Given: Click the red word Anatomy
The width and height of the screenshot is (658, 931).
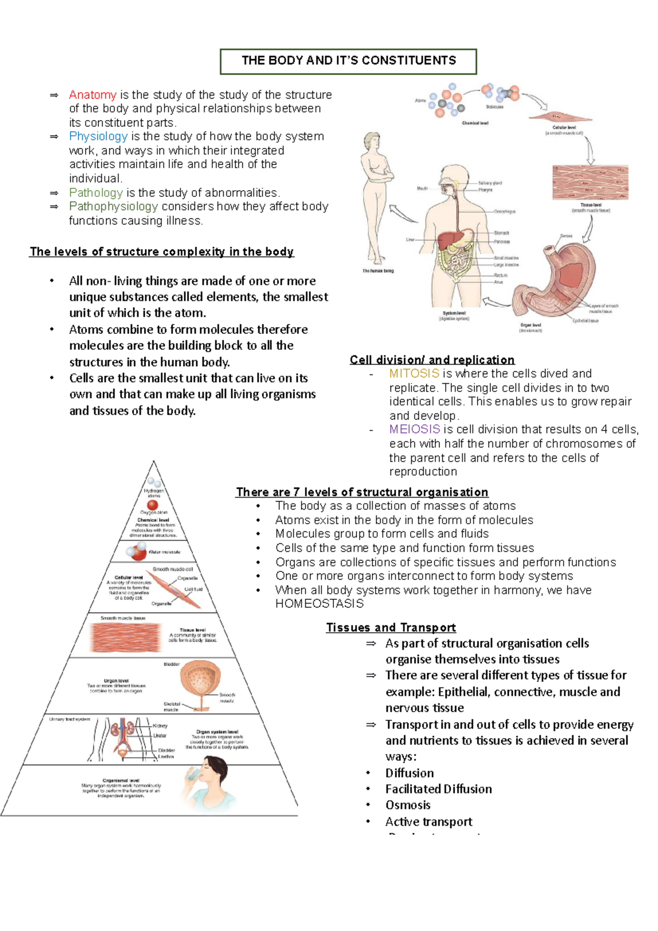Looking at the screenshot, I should coord(92,95).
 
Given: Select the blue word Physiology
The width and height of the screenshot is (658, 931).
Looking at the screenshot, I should coord(98,136).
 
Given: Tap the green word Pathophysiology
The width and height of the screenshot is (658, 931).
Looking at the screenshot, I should coord(113,206).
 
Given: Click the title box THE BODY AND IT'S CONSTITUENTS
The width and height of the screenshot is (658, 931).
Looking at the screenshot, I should coord(348,61).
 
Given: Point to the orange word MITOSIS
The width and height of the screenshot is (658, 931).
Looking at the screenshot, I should coord(414,373).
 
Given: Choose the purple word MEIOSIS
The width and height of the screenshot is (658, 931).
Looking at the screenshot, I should coord(415,429).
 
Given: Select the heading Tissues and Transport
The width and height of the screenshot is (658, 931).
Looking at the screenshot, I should coord(390,627).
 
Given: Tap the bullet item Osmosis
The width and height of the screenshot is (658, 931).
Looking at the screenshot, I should coord(407,805).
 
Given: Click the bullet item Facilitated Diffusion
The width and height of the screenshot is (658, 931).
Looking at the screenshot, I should coord(438,789).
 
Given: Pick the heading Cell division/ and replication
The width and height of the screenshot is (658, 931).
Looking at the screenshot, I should coord(432,360).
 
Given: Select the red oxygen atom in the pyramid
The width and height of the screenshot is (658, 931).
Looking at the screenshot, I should coord(152,505).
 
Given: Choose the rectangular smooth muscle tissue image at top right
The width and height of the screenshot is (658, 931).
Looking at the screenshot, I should coord(590,182).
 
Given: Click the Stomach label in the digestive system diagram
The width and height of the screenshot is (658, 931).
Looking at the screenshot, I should coord(501,233).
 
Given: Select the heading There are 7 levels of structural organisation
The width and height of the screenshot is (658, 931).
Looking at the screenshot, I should coord(362,492).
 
